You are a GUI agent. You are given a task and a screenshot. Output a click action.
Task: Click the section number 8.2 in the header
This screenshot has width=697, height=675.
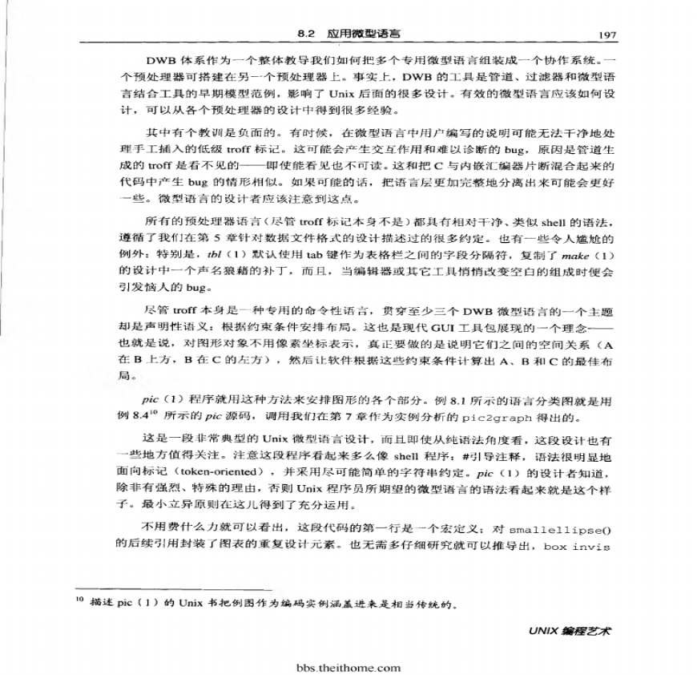[307, 35]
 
